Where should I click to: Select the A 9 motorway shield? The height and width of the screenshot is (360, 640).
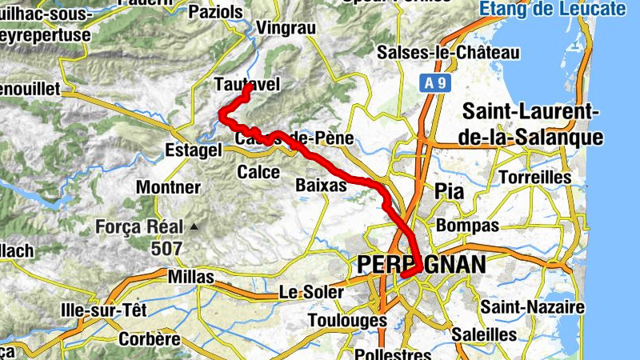tap(434, 82)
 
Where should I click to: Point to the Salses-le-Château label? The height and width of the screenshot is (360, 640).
tap(449, 53)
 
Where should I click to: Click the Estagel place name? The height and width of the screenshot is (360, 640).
tap(192, 150)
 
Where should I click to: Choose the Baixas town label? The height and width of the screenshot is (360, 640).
tap(320, 185)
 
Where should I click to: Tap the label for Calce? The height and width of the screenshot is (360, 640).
tap(258, 172)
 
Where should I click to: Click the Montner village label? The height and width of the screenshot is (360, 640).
tap(168, 187)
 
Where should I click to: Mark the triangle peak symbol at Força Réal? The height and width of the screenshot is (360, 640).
tap(194, 227)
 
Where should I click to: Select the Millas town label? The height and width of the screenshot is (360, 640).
tap(192, 277)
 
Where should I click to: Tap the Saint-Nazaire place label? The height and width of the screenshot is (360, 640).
tap(532, 307)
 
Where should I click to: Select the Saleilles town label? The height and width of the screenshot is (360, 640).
tap(484, 334)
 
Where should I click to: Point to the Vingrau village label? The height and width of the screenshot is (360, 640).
tap(286, 29)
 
